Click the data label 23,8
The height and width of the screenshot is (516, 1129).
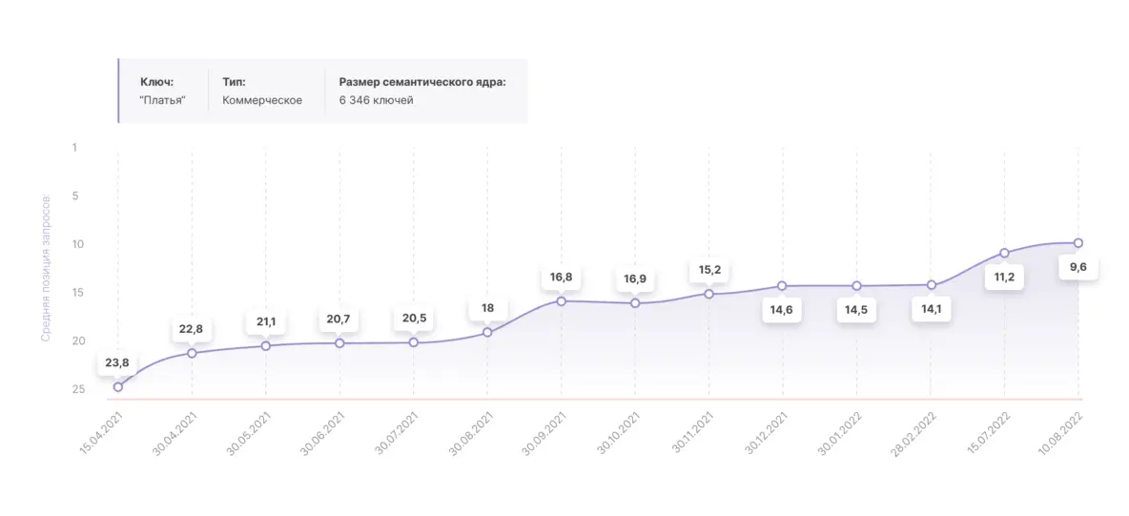(117, 362)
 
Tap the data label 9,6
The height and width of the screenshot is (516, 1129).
(1078, 267)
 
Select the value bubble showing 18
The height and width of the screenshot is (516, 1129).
(487, 308)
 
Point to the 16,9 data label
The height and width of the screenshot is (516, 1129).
(635, 279)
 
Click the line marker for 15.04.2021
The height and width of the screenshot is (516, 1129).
(118, 386)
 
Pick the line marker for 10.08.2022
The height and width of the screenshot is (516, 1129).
(1078, 242)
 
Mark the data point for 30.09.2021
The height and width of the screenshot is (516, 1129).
(561, 301)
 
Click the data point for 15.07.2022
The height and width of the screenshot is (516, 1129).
(1004, 253)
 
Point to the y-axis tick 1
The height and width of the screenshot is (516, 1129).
(73, 148)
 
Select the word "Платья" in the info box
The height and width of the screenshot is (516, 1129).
(162, 100)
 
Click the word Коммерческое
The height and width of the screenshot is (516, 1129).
(262, 100)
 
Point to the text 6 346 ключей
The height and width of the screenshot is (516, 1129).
(377, 100)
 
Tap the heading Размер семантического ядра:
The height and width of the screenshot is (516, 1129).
(422, 82)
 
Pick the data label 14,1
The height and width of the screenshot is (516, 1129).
(930, 309)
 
